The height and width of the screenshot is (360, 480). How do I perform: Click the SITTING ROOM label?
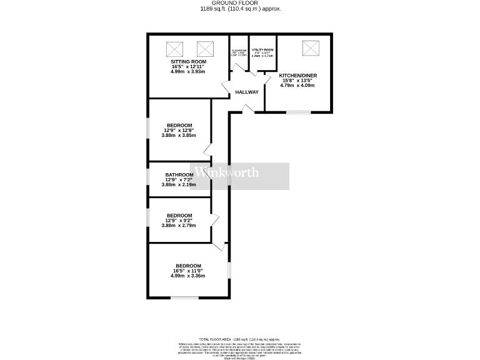coord(188,62)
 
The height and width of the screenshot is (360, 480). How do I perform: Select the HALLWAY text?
coord(247,92)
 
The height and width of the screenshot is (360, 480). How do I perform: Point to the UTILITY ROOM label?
coord(262,49)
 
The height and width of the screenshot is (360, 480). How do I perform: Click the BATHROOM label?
coord(179,175)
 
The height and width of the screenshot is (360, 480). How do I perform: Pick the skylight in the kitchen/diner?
coord(310,48)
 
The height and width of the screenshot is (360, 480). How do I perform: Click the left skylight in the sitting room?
coord(174,48)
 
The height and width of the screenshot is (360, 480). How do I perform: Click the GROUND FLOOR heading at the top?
coord(241,4)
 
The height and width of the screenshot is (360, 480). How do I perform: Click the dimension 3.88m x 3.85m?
coord(179,135)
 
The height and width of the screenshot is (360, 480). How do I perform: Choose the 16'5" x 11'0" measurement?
coord(188,270)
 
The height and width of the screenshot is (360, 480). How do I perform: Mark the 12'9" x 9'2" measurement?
coord(179,221)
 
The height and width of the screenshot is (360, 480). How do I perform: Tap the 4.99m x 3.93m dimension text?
coord(188,72)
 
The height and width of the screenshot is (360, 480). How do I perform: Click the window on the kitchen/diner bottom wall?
coord(299,112)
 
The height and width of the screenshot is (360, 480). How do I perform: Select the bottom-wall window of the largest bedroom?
coord(184,297)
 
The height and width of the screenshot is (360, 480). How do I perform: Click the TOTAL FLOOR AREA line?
coord(240,337)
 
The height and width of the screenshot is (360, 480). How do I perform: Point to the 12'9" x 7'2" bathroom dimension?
coord(179,180)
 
